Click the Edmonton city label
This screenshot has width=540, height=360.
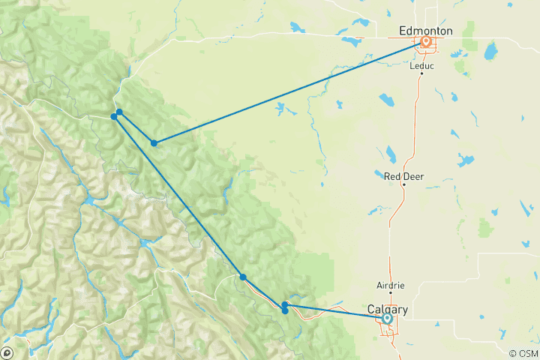coord(425,30)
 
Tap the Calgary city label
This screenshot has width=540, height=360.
coord(388,309)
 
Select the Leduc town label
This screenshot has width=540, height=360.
coord(421,65)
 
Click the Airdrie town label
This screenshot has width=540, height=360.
coord(390,286)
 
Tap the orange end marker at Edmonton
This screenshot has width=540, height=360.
coord(426,42)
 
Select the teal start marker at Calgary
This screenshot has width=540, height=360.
coord(387,319)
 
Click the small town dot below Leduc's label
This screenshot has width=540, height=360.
coord(421,74)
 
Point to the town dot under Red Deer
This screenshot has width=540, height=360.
coord(403,184)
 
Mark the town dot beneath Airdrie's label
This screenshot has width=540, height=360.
coord(390,295)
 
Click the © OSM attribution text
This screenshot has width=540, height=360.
coord(523,354)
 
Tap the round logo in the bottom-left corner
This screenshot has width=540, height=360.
coord(7,353)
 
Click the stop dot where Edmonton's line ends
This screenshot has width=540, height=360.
coord(154,142)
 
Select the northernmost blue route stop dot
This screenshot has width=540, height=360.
coord(119,112)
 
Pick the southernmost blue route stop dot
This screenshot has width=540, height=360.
coord(285,310)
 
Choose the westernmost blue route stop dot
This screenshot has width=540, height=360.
coord(114,116)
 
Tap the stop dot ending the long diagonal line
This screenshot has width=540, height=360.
coord(243,277)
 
